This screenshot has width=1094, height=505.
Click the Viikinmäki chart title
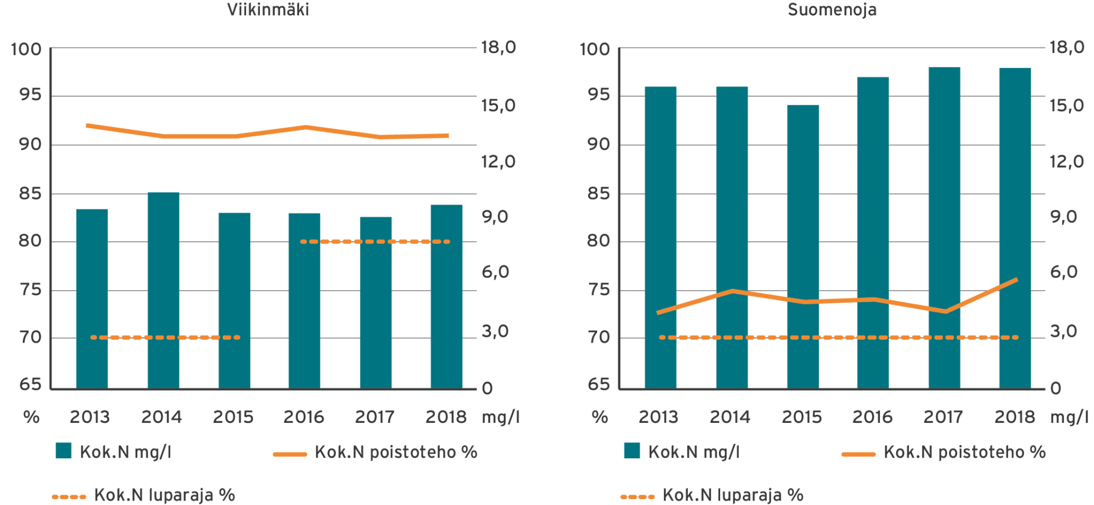[268, 10]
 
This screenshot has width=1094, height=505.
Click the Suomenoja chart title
[831, 10]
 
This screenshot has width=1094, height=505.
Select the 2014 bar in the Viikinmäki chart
[163, 291]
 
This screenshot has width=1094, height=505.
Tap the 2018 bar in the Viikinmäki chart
[446, 296]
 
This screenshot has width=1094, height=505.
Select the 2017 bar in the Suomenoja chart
[944, 228]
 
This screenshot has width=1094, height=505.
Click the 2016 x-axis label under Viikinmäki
[304, 417]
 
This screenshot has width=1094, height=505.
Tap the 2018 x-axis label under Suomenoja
[1014, 417]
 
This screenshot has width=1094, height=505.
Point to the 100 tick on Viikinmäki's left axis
[26, 49]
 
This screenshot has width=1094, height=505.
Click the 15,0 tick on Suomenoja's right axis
[1067, 105]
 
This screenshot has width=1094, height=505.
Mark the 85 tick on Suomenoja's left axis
[598, 194]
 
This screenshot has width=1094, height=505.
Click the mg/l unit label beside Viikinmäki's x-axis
[500, 417]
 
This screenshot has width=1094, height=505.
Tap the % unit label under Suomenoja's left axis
[599, 417]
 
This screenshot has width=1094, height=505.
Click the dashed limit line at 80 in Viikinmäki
[375, 242]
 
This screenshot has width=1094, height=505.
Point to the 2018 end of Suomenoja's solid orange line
[1016, 280]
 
